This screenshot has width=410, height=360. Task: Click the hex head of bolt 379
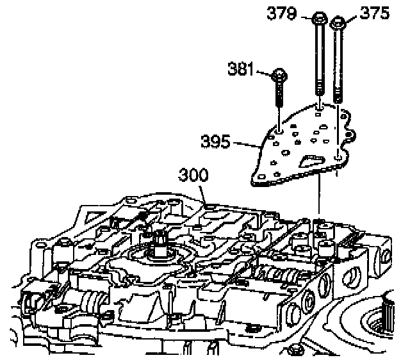coord(319,19)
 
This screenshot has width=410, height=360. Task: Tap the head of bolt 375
coord(338,25)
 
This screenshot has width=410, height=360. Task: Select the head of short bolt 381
coord(280,75)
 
